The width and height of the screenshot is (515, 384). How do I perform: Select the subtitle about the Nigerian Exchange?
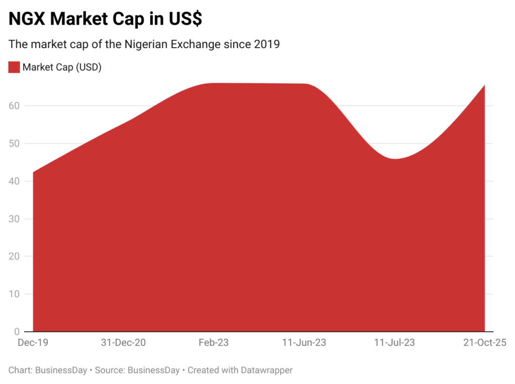pos(144,44)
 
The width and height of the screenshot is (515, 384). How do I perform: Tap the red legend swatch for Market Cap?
pos(14,67)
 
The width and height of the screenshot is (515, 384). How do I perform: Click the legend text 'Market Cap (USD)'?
pos(62,67)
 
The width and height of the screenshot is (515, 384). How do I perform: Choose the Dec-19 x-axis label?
pos(33,343)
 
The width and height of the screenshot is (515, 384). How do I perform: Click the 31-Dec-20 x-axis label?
pos(123,343)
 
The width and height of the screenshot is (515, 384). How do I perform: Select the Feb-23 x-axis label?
pos(214,343)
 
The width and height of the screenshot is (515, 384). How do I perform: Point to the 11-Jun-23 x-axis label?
pos(304,343)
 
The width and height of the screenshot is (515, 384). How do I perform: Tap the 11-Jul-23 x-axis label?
pos(394,343)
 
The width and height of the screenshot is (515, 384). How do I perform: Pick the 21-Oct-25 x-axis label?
pos(484,343)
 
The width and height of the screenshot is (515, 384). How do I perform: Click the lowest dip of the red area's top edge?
pos(395,159)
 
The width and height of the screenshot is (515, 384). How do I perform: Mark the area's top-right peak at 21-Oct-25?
pos(484,85)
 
